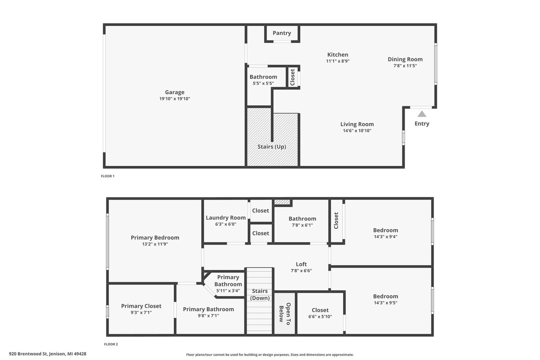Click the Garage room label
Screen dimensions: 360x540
(x=175, y=92)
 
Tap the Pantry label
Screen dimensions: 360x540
(x=282, y=33)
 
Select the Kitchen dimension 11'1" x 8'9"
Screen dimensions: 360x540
(x=338, y=61)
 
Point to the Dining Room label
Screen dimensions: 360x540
(x=405, y=59)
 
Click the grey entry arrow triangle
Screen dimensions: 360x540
(x=422, y=114)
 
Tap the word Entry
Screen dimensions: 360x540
(x=422, y=124)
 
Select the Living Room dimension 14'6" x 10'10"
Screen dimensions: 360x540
(x=357, y=131)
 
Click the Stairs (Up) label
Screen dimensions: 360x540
(x=272, y=147)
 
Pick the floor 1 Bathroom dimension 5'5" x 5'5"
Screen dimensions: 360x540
(x=263, y=83)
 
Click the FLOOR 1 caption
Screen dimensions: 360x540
(x=108, y=176)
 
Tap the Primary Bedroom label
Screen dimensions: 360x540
(x=155, y=238)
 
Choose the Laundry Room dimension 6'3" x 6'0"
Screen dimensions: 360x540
(x=226, y=224)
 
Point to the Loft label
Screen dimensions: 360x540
(x=301, y=264)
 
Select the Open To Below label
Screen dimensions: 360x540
(x=284, y=313)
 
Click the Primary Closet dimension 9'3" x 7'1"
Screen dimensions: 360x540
(x=141, y=313)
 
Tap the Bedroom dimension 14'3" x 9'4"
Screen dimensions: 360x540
(x=385, y=237)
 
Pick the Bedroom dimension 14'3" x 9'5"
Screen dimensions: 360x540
(x=385, y=303)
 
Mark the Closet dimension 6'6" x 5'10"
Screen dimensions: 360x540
(x=320, y=317)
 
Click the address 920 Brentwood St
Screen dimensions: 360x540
(x=47, y=354)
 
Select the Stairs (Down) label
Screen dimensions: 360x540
(x=260, y=295)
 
